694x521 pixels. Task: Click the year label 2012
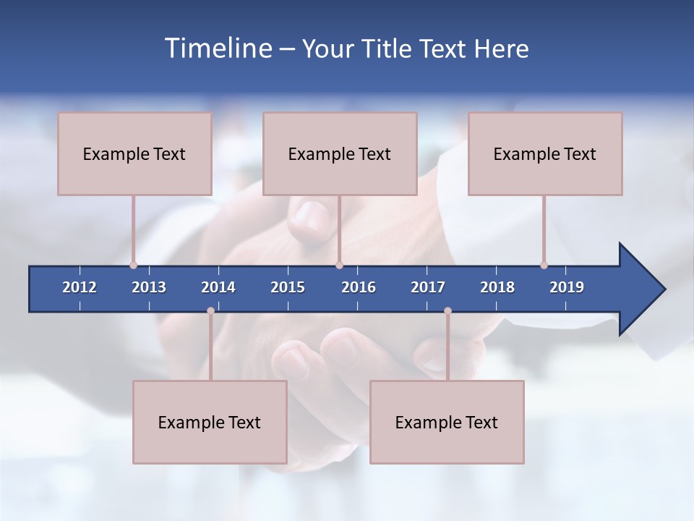(80, 287)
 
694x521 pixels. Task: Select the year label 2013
(149, 287)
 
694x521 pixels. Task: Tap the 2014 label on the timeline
(218, 287)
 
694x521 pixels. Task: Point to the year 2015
(288, 287)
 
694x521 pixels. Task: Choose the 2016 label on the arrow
(359, 287)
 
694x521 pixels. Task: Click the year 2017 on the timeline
(428, 287)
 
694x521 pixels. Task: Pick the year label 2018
(497, 287)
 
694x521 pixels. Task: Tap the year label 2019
(567, 287)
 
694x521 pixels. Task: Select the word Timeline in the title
(218, 48)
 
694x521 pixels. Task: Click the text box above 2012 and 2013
(134, 153)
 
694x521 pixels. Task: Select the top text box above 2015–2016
(340, 153)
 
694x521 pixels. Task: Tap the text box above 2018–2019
(545, 153)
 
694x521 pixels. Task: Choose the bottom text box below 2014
(210, 422)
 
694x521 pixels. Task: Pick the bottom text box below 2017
(447, 422)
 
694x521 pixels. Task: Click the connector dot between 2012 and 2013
(133, 265)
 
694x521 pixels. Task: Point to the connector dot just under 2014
(210, 310)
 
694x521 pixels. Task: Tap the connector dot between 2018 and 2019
(544, 265)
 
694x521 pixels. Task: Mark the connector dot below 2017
(447, 310)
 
